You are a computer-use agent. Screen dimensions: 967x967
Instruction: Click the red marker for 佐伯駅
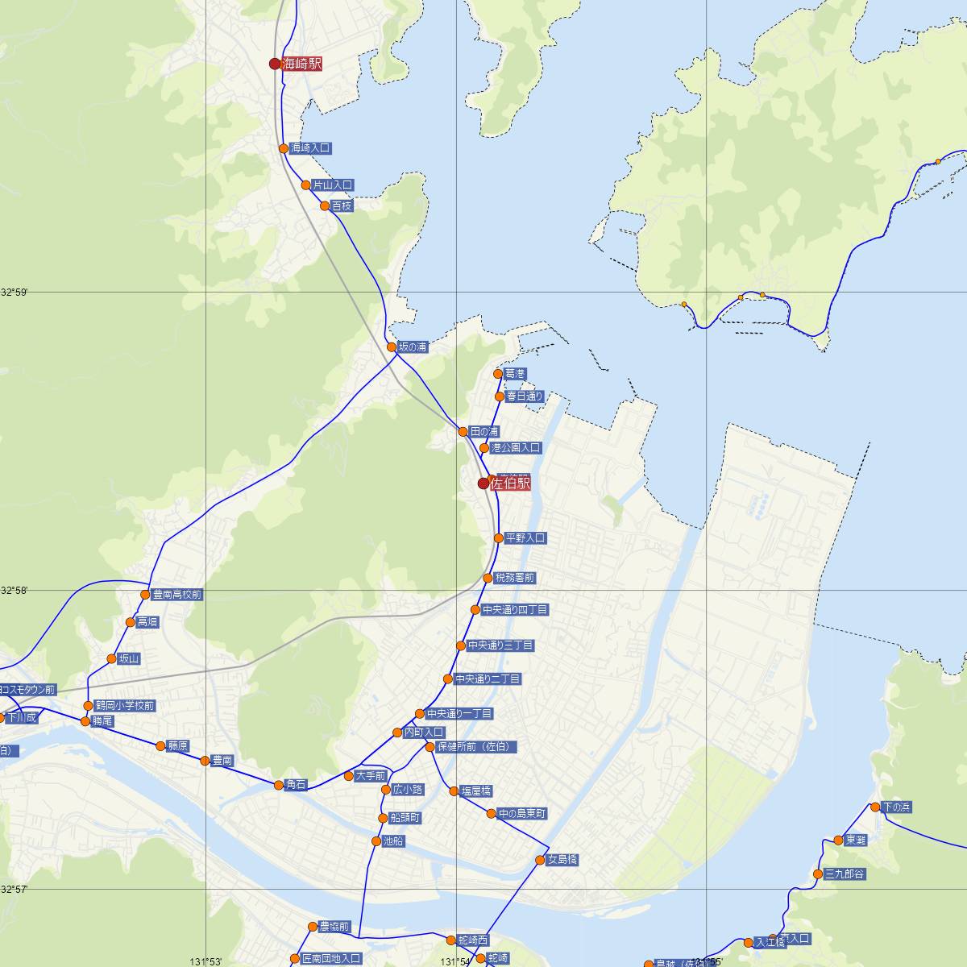[483, 483]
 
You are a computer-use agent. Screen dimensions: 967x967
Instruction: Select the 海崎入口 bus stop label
[310, 148]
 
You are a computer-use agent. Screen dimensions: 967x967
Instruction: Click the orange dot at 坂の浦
[392, 347]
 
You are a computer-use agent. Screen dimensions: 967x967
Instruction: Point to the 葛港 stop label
[515, 374]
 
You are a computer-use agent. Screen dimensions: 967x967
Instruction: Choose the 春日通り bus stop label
[525, 396]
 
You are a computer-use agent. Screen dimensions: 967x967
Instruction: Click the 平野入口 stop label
[525, 538]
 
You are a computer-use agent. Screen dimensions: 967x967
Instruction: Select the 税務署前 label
[514, 579]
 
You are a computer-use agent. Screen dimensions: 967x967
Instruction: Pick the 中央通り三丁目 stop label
[500, 646]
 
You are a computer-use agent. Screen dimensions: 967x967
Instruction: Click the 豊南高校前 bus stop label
[177, 596]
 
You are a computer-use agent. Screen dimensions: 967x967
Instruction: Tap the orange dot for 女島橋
[540, 861]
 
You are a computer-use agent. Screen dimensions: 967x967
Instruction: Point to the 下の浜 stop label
[896, 807]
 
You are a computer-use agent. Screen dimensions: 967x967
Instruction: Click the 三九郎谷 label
[843, 874]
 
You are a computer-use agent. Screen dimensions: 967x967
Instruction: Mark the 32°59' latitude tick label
[14, 293]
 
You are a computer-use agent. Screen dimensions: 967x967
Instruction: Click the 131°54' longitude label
[456, 961]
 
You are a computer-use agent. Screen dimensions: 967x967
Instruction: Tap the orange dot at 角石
[279, 785]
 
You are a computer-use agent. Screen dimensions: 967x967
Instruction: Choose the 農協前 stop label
[334, 928]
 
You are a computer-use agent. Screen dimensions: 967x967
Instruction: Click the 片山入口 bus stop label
[332, 185]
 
